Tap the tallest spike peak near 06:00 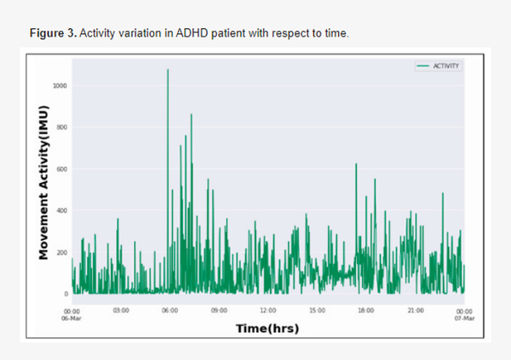click(x=168, y=70)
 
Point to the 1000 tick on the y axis click(x=62, y=86)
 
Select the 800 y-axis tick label click(x=63, y=128)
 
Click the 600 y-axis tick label click(x=63, y=169)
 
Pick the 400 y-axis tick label click(x=63, y=211)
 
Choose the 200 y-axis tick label click(x=63, y=253)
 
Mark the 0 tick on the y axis click(x=66, y=294)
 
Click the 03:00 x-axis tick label click(x=121, y=311)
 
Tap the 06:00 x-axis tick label click(x=169, y=311)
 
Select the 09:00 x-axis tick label click(x=219, y=311)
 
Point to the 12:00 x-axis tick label click(x=268, y=311)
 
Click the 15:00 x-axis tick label click(x=317, y=311)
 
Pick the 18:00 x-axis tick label click(x=366, y=311)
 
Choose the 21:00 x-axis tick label click(x=415, y=311)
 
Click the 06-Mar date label click(x=72, y=317)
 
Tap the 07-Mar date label click(x=464, y=317)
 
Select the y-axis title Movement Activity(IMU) click(x=42, y=182)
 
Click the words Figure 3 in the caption click(x=53, y=32)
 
